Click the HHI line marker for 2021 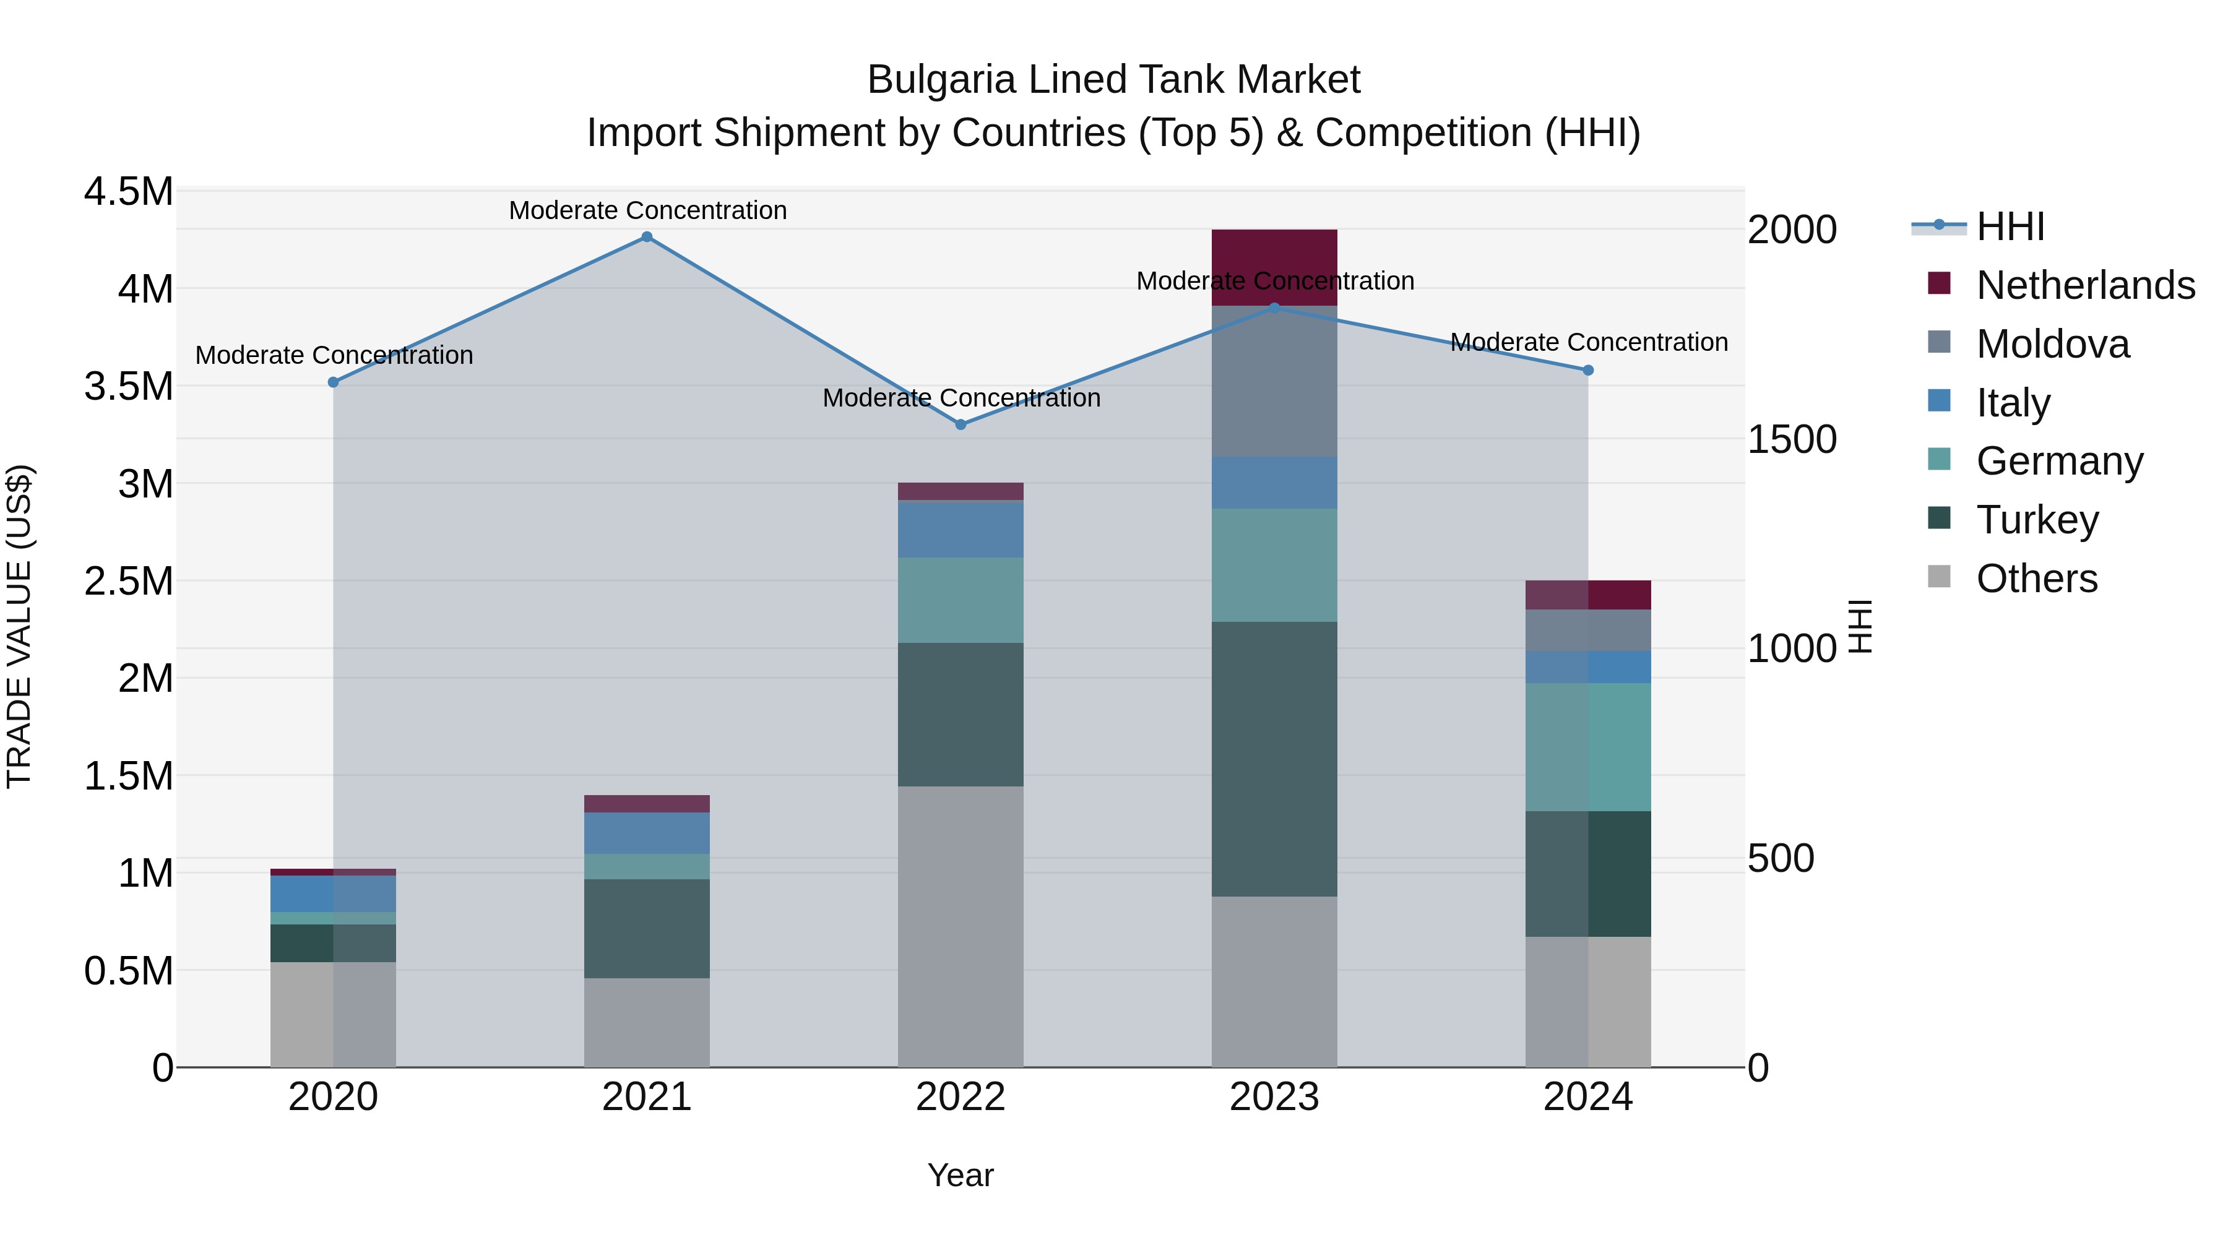tap(646, 237)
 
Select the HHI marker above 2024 tap(1588, 370)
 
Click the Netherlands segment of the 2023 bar tap(1274, 267)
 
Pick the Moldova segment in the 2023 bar tap(1274, 381)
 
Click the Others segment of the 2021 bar tap(646, 1022)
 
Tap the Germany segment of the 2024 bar tap(1588, 747)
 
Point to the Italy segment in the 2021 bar tap(646, 833)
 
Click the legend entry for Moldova tap(2052, 344)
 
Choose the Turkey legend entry tap(2037, 520)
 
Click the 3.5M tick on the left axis tap(129, 387)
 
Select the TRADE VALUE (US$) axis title tap(19, 626)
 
